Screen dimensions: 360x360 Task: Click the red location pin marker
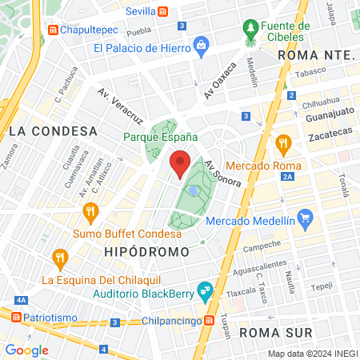(x=180, y=164)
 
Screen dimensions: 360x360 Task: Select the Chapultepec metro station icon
(x=54, y=30)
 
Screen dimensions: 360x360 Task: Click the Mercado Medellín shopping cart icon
(x=304, y=217)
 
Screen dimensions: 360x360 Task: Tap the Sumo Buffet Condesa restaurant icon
(x=90, y=212)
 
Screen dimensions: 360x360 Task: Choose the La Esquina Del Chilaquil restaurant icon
(x=58, y=258)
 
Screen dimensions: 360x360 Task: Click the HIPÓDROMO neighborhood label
(x=146, y=251)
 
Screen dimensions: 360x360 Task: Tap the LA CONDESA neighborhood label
(x=53, y=130)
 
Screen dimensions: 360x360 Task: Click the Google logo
(x=26, y=350)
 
